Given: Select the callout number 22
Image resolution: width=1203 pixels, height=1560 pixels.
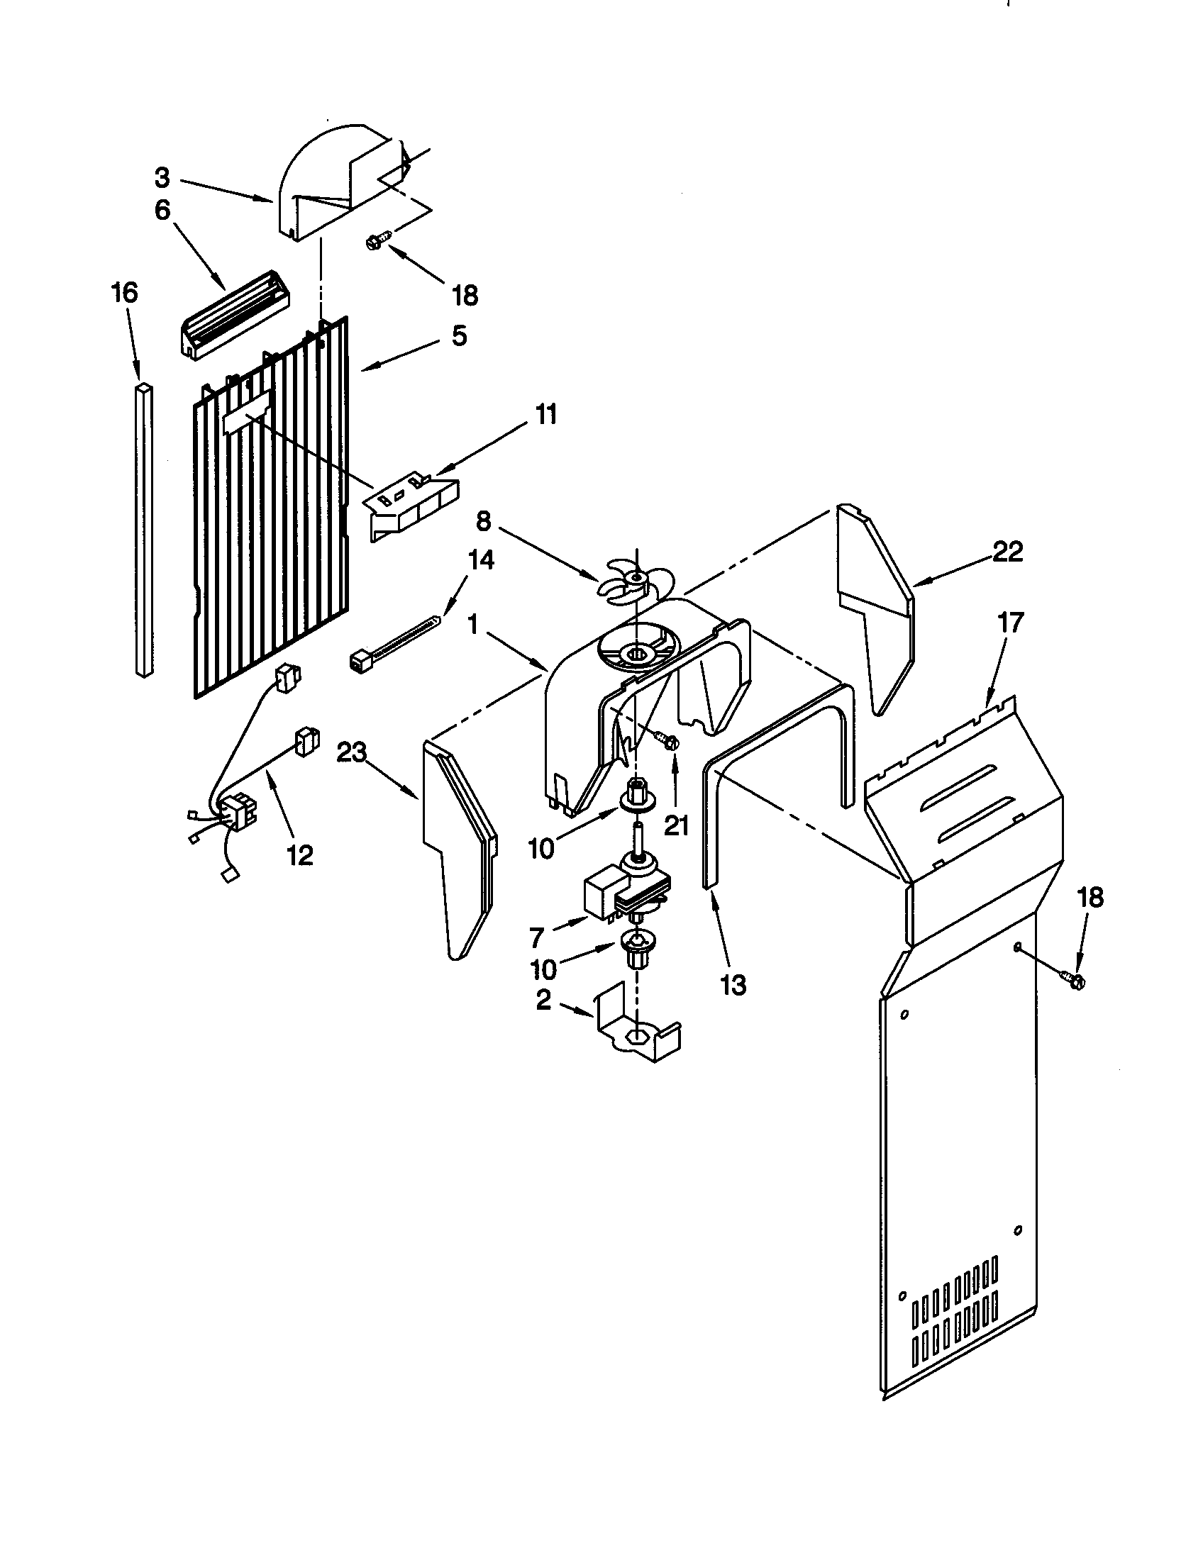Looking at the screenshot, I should pyautogui.click(x=1007, y=552).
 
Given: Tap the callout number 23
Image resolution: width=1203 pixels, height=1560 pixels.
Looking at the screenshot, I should pyautogui.click(x=353, y=752).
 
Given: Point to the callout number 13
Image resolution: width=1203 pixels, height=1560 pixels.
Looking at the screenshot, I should pyautogui.click(x=733, y=985).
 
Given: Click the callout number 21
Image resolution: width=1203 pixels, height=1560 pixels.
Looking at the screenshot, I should pyautogui.click(x=676, y=825).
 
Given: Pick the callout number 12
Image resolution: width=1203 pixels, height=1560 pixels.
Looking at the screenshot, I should pyautogui.click(x=300, y=854).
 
